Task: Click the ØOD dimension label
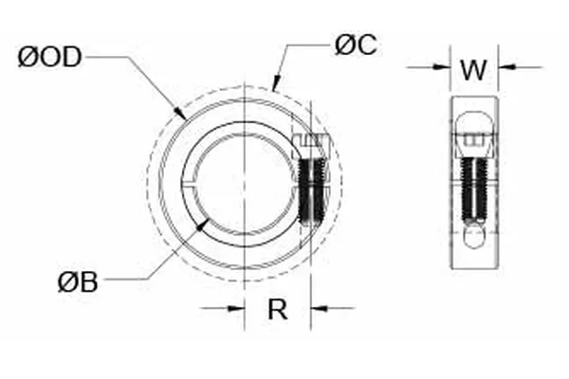pos(50,57)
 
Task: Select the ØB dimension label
pos(77,281)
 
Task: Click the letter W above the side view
pos(474,69)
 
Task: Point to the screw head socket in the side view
pos(474,143)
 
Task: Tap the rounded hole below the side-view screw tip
pos(474,236)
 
